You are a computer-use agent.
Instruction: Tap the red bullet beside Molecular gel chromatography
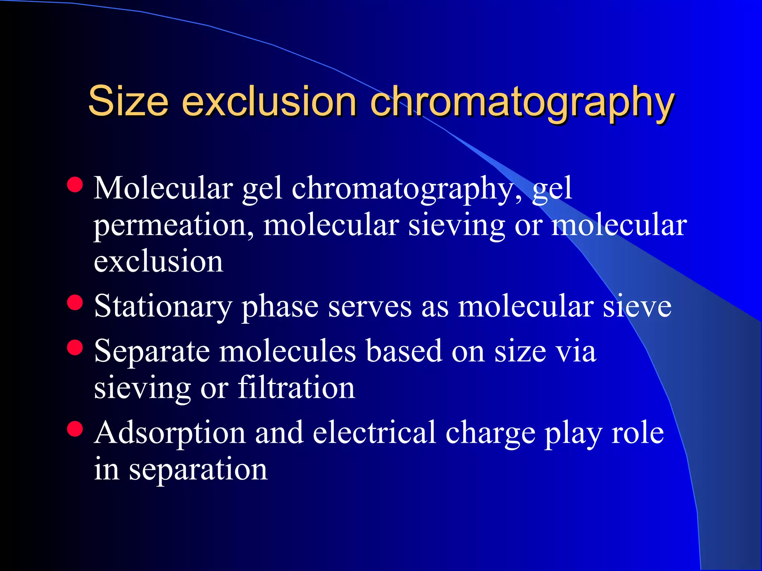(x=75, y=185)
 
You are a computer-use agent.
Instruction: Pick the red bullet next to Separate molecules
(x=75, y=348)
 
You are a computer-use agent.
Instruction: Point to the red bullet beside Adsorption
(x=75, y=429)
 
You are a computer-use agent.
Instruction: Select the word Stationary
(x=163, y=306)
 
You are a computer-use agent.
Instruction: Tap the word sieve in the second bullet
(x=637, y=306)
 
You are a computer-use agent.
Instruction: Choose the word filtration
(x=296, y=387)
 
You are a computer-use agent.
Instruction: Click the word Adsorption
(x=170, y=433)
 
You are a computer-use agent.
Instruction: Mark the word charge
(x=490, y=433)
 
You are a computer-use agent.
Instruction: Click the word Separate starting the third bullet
(x=152, y=351)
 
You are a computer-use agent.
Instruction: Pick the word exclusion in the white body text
(x=159, y=261)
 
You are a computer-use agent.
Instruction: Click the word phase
(x=280, y=307)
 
